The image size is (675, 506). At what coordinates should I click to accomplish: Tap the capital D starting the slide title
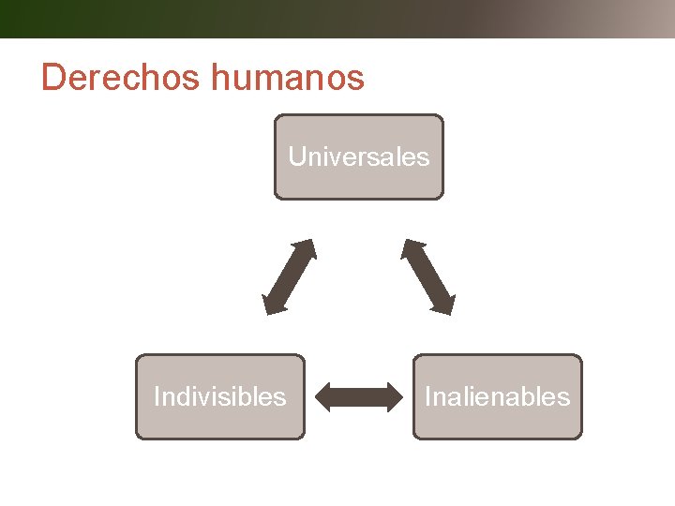(x=53, y=78)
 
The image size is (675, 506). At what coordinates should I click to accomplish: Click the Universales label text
(x=358, y=156)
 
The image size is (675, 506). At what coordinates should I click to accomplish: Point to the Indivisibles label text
(x=219, y=396)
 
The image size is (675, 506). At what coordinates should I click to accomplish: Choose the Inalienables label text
(x=497, y=396)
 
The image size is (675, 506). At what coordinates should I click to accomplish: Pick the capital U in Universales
(x=297, y=156)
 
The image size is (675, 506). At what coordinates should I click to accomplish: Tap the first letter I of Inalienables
(x=427, y=396)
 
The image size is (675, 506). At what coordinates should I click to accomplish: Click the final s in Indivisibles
(x=280, y=397)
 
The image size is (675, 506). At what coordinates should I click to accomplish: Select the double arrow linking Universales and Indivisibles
(x=289, y=276)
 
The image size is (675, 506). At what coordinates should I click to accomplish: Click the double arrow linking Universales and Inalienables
(x=428, y=276)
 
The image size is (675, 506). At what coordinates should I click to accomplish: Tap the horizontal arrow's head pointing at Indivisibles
(x=324, y=397)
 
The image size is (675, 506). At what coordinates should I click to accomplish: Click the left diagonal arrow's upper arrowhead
(x=307, y=248)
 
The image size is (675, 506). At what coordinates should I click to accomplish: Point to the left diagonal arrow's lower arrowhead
(x=272, y=304)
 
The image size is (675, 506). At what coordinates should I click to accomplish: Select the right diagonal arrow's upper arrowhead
(x=411, y=248)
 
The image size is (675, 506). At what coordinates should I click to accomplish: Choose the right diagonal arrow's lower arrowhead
(x=446, y=304)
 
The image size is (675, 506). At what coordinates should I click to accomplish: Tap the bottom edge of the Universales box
(x=358, y=199)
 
